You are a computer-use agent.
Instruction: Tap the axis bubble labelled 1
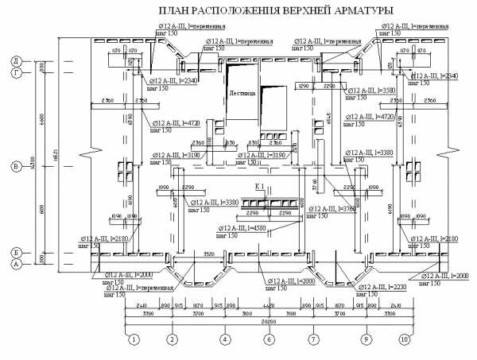(x=134, y=339)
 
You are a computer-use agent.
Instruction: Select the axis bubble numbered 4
(x=225, y=339)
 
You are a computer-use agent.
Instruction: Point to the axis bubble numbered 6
(x=269, y=339)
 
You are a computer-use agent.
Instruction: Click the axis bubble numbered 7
(x=313, y=339)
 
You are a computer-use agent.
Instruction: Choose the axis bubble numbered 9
(x=366, y=339)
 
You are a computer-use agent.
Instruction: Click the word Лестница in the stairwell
(x=243, y=93)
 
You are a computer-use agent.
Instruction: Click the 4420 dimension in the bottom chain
(x=269, y=305)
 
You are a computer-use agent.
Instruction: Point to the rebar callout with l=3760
(x=339, y=211)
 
